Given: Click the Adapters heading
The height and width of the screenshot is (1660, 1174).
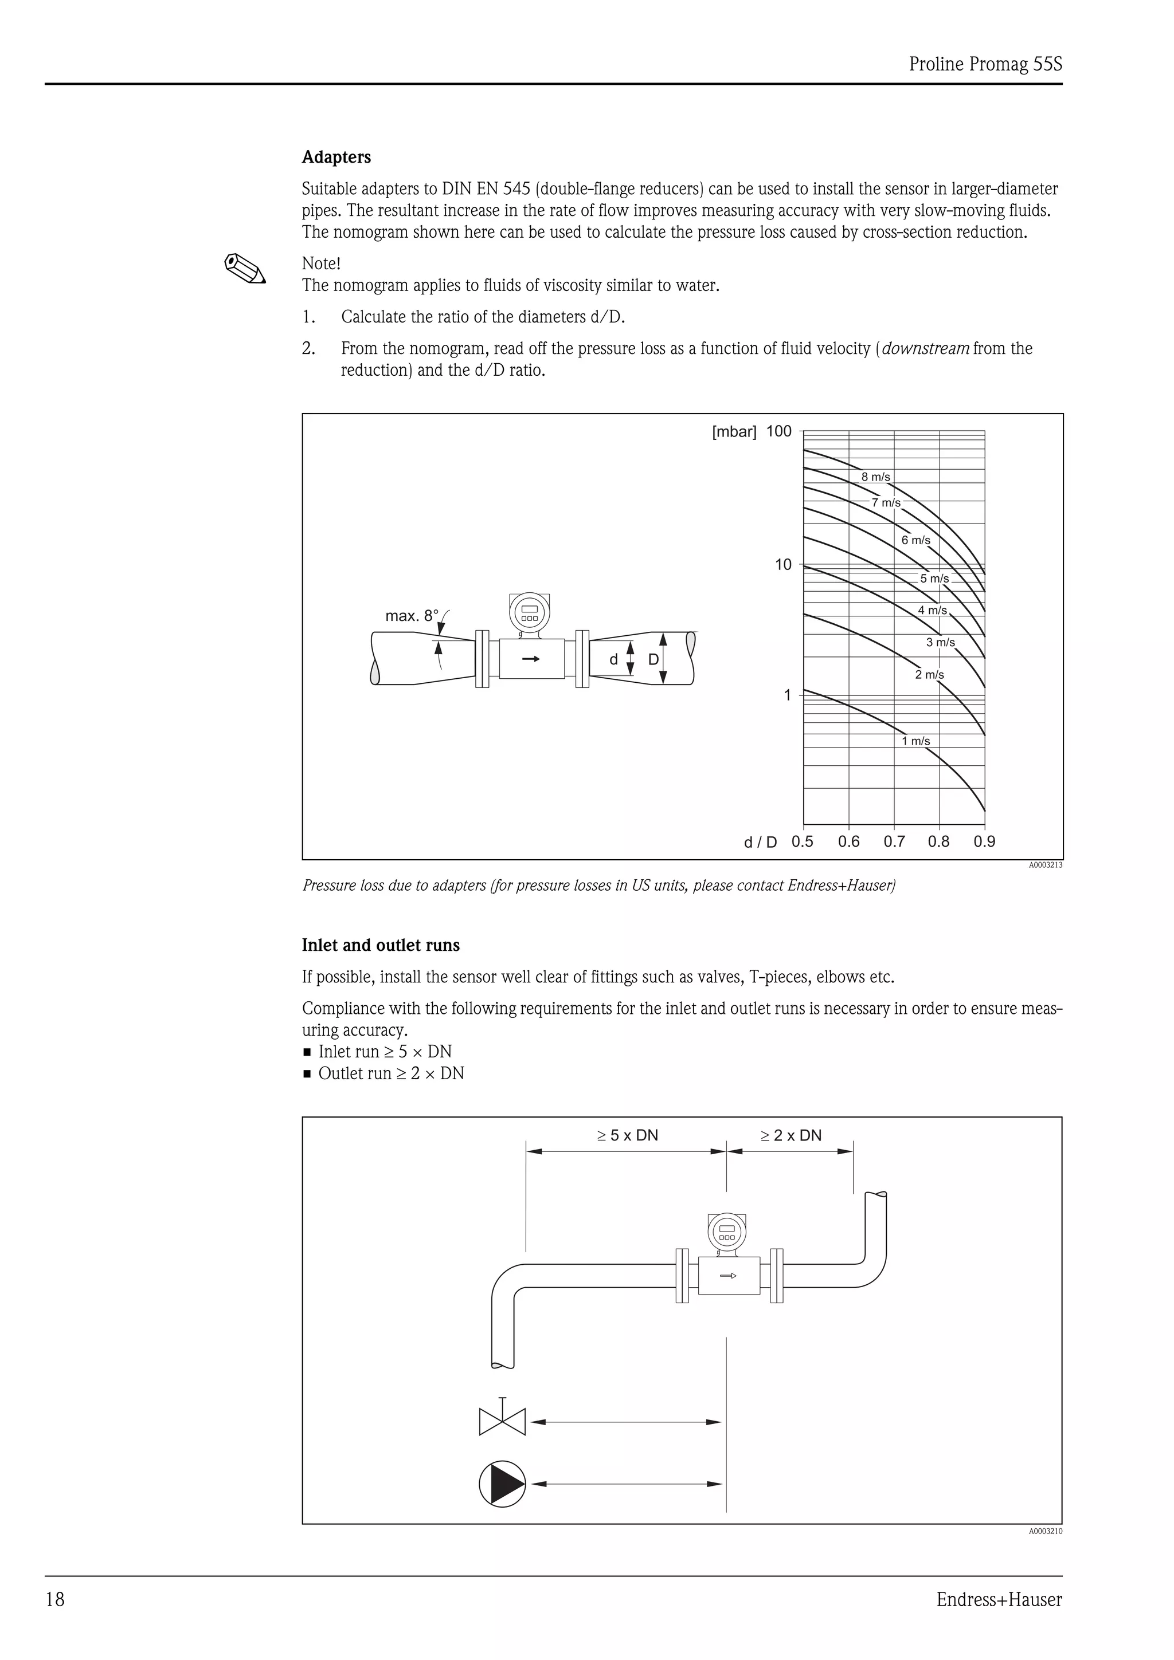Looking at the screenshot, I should [336, 157].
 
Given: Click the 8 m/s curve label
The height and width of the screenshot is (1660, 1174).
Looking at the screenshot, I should [875, 477].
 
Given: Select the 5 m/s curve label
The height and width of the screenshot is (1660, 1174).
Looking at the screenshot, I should [934, 579].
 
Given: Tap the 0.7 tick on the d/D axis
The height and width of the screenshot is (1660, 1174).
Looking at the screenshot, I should [894, 841].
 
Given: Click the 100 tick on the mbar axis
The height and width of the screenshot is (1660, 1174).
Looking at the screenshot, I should [779, 432].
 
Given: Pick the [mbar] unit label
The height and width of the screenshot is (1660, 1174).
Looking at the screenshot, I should [734, 432].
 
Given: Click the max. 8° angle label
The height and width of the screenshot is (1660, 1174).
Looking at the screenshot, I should [412, 616].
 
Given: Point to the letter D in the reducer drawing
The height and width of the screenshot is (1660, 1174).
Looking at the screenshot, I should [653, 659].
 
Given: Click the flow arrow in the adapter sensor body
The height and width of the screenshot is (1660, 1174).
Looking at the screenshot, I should [531, 659].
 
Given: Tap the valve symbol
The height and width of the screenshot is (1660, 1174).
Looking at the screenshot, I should [502, 1421].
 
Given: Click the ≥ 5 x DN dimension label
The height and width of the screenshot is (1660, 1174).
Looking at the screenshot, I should [627, 1135].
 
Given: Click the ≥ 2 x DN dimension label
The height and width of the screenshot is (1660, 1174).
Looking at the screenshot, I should [791, 1135].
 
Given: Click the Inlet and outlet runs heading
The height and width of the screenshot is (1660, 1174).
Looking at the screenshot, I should [381, 945].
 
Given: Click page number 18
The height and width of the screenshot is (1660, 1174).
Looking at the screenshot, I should [55, 1599].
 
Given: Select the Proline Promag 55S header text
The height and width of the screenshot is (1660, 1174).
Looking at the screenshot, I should [985, 64].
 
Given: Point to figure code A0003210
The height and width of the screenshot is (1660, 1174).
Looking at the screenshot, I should [1045, 1531].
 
